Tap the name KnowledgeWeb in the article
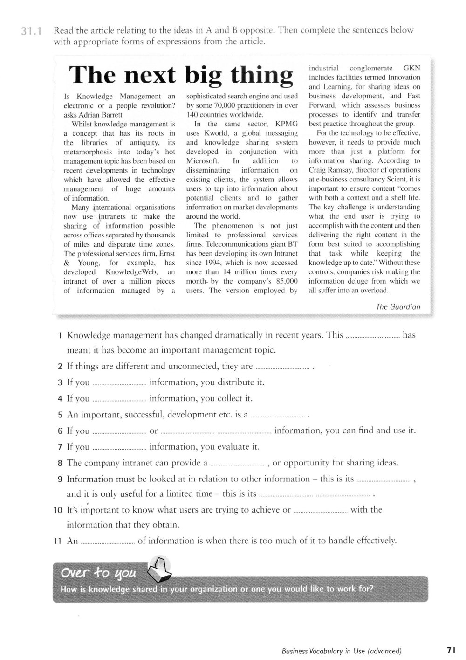(x=133, y=272)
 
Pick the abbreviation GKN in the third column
(x=411, y=68)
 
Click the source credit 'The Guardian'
(x=398, y=306)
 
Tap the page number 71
(x=450, y=651)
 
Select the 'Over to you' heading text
(x=98, y=572)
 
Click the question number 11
(x=58, y=541)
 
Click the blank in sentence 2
(x=282, y=367)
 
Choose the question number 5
(x=60, y=415)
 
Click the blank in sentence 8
(x=237, y=464)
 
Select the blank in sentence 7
(x=119, y=448)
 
